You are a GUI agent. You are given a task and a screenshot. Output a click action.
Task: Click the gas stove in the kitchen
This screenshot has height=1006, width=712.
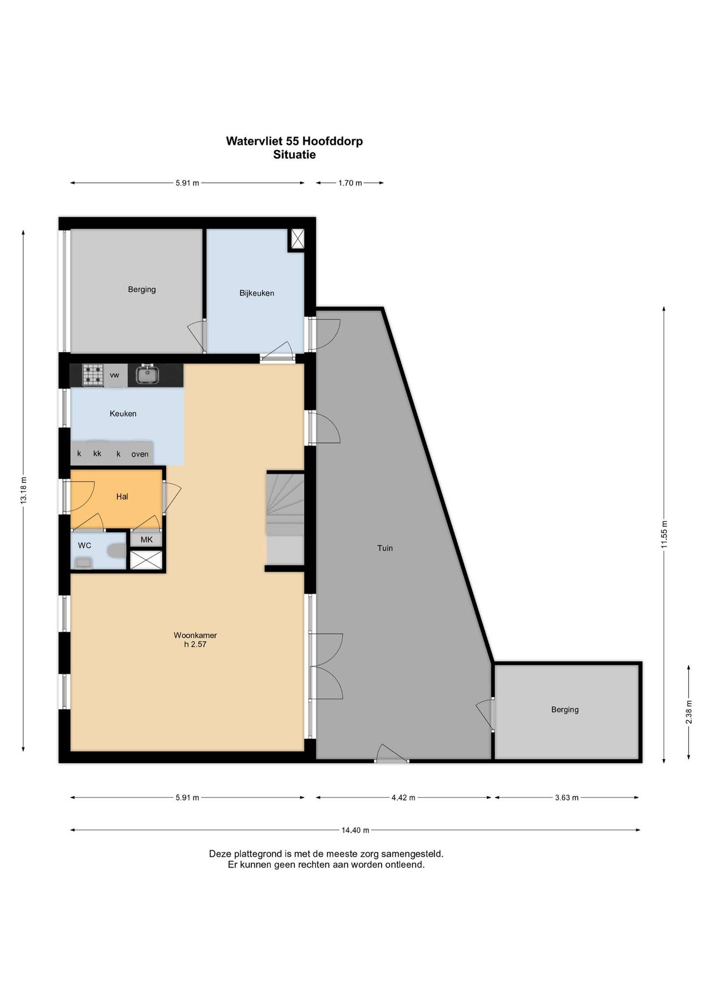click(93, 375)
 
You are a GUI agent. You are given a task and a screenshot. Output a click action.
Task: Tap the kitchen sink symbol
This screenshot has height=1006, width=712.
click(147, 375)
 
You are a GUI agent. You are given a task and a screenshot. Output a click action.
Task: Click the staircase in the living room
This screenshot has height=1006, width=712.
click(285, 519)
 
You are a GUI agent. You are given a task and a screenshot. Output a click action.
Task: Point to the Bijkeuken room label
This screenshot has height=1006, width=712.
click(257, 293)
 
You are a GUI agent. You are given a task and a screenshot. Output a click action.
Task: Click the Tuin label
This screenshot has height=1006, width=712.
click(385, 548)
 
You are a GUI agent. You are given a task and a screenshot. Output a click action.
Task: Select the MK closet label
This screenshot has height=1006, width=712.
click(146, 539)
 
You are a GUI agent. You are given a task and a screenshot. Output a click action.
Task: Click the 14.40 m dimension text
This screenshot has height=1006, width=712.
click(355, 830)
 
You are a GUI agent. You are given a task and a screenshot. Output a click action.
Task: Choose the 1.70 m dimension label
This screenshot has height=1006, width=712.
click(350, 183)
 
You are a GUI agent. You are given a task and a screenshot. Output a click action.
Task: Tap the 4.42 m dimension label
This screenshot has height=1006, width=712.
click(403, 797)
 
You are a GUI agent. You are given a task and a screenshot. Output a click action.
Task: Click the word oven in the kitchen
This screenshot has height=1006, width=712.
click(140, 454)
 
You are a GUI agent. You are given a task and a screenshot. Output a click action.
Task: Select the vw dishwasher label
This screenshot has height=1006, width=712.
click(115, 375)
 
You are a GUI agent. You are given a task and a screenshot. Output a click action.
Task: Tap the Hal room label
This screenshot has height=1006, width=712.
click(122, 497)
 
